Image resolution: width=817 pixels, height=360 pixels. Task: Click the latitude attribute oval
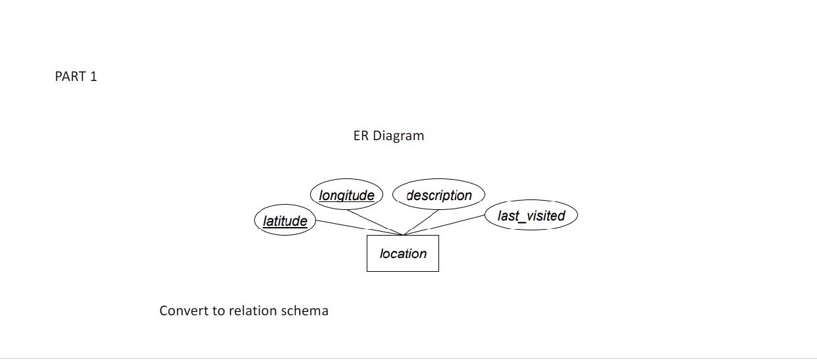285,221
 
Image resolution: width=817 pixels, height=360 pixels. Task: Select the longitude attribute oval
346,195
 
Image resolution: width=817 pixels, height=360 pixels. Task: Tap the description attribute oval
438,195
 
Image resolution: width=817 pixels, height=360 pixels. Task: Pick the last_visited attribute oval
531,216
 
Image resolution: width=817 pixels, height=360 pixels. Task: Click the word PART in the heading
70,77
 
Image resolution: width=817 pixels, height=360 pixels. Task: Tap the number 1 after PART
93,77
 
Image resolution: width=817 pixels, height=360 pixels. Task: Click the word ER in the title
361,136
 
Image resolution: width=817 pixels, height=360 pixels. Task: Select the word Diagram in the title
398,136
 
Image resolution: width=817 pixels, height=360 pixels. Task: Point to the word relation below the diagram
252,311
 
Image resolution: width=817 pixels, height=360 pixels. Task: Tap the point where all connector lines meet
402,234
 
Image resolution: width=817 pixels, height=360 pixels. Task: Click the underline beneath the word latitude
285,228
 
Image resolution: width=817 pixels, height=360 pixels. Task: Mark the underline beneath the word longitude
346,201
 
